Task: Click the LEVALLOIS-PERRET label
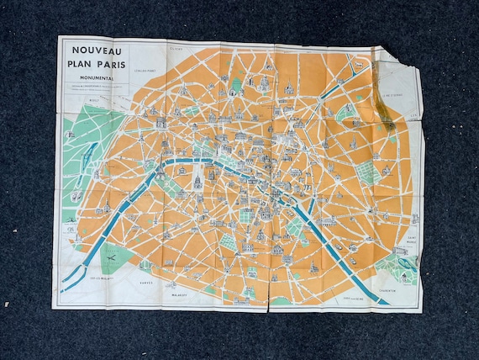[x=147, y=72]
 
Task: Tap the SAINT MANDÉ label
[x=411, y=240]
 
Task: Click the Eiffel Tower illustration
[x=153, y=168]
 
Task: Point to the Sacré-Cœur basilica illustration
[x=262, y=82]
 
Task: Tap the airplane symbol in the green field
[x=405, y=264]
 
